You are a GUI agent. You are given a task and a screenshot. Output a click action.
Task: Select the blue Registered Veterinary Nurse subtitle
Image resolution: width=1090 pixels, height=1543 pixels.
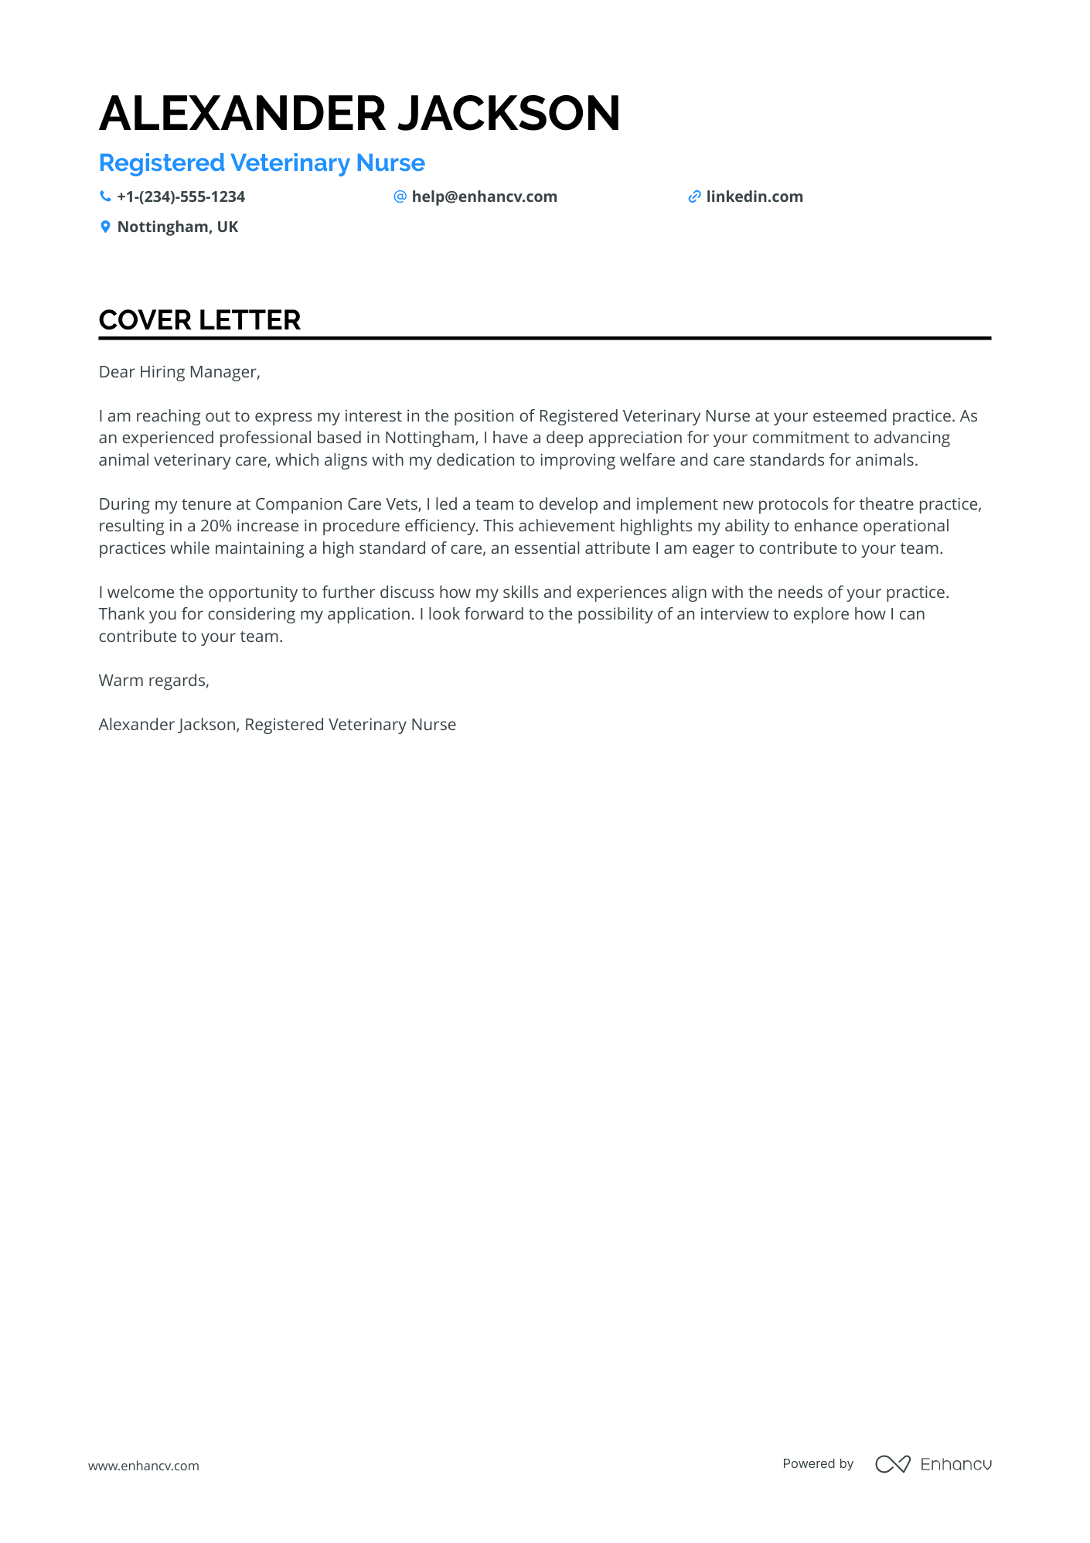coord(261,163)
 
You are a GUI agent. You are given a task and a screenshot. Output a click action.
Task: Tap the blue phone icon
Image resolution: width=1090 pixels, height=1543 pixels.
coord(105,196)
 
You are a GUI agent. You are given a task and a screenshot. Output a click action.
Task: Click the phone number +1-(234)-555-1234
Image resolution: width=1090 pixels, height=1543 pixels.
coord(181,196)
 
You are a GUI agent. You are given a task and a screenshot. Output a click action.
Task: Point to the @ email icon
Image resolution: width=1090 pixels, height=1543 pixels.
coord(400,196)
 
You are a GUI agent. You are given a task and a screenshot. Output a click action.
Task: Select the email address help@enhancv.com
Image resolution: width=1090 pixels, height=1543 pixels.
coord(484,196)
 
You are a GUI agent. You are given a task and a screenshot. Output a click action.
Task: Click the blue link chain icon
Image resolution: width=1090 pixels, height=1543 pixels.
coord(694,196)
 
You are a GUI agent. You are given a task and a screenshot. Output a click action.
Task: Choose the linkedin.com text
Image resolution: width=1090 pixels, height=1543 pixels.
coord(754,196)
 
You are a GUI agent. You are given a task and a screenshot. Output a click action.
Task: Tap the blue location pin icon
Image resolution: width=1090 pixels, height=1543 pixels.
coord(105,227)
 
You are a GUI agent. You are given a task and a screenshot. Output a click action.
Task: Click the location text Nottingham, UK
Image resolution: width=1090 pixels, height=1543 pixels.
coord(178,227)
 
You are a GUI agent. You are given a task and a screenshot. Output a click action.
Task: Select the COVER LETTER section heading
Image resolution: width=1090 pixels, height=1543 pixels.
coord(199,320)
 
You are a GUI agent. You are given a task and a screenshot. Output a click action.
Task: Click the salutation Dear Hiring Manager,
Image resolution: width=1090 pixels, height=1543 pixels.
coord(179,372)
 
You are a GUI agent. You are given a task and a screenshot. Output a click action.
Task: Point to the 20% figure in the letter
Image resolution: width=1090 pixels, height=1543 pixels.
coord(216,526)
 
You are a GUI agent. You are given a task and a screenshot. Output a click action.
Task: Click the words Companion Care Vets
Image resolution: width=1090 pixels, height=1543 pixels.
coord(337,504)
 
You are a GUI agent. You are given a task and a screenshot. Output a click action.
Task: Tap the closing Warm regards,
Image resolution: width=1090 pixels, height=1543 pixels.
coord(154,681)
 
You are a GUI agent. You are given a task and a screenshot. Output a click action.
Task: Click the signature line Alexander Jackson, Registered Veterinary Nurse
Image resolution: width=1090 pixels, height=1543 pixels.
coord(277,725)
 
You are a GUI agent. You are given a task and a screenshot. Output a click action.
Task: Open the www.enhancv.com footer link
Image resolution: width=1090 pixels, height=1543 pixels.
coord(143,1466)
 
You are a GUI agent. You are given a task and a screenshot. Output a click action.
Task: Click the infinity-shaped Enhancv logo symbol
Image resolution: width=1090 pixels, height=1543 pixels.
coord(892,1464)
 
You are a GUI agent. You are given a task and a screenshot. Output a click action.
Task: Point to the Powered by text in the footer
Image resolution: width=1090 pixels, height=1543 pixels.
coord(818,1463)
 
